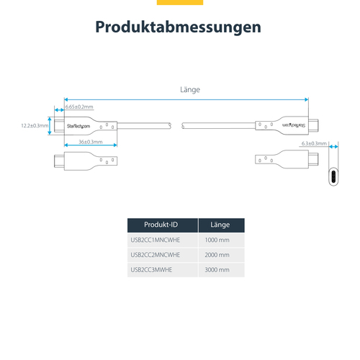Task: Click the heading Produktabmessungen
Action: pyautogui.click(x=178, y=27)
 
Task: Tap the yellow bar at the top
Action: pyautogui.click(x=180, y=2)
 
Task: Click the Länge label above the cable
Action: pyautogui.click(x=190, y=90)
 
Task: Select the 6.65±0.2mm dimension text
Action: pyautogui.click(x=79, y=107)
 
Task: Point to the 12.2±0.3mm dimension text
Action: pyautogui.click(x=35, y=126)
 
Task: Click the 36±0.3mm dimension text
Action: pyautogui.click(x=91, y=142)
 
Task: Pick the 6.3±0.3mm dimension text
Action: pyautogui.click(x=314, y=143)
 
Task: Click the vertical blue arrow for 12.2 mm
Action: pyautogui.click(x=50, y=126)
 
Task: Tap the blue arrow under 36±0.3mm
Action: pyautogui.click(x=91, y=145)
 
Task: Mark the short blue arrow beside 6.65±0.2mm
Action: pyautogui.click(x=59, y=110)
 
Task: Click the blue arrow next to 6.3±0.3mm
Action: pyautogui.click(x=333, y=146)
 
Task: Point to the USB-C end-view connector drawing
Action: pyautogui.click(x=333, y=176)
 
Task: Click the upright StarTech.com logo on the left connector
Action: pyautogui.click(x=78, y=126)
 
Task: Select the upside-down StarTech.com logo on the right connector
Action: pyautogui.click(x=294, y=125)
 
